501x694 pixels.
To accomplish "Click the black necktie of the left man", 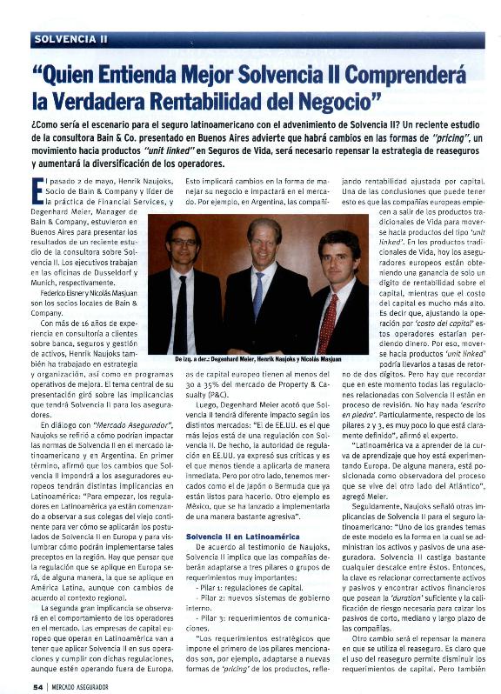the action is pyautogui.click(x=180, y=310).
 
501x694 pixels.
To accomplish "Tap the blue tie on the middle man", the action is pyautogui.click(x=258, y=295).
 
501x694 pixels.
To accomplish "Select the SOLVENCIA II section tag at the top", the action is pyautogui.click(x=71, y=39).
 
